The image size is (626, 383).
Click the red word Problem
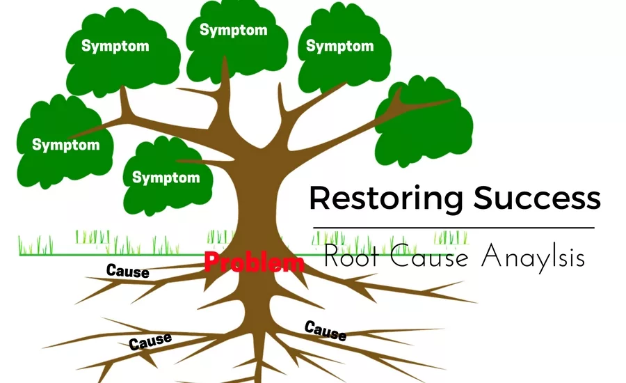point(254,263)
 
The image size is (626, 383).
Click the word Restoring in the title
point(386,198)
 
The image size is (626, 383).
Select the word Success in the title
point(537,198)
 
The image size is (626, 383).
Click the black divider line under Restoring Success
point(454,228)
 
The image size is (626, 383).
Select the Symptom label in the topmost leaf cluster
point(233,30)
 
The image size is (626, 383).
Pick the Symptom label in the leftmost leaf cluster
point(65,146)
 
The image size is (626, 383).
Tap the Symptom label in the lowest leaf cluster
point(166,177)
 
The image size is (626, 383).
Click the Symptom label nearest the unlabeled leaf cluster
point(339,46)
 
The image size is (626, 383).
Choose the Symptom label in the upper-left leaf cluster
point(115,46)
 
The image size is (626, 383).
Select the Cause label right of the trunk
point(325,330)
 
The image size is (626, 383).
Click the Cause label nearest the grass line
point(127,270)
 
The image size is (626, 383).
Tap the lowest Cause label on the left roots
point(150,341)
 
